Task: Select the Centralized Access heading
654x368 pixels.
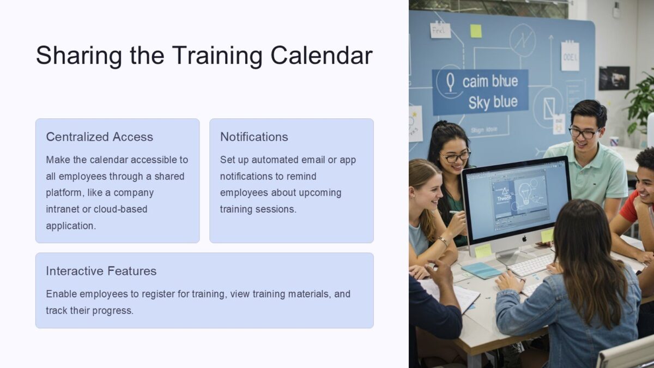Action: click(x=99, y=137)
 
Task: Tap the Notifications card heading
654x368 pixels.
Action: click(x=254, y=137)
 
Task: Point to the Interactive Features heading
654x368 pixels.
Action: click(x=101, y=271)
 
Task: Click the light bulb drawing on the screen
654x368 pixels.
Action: click(x=525, y=192)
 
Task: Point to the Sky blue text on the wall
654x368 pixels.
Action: click(x=493, y=102)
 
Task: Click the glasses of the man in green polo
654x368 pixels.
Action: click(x=583, y=132)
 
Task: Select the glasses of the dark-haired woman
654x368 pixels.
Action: click(x=456, y=156)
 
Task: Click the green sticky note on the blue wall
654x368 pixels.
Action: click(x=476, y=31)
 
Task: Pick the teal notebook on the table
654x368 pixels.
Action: click(x=481, y=270)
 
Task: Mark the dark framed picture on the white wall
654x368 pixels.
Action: click(x=614, y=78)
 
